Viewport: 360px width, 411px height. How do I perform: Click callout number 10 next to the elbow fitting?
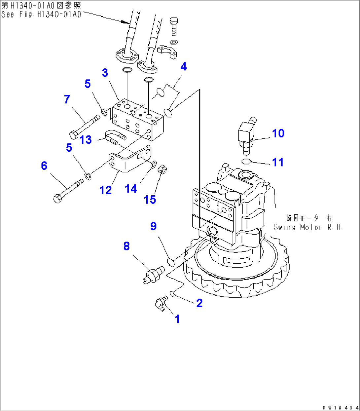(x=278, y=133)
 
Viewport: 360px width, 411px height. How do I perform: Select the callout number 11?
(x=278, y=162)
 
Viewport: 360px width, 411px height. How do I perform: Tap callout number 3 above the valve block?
(x=105, y=73)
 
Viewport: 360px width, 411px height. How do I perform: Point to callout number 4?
(x=184, y=66)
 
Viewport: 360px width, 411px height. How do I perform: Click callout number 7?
(x=67, y=99)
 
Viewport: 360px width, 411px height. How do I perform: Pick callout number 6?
(x=44, y=166)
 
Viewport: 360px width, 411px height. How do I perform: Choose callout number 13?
(x=86, y=140)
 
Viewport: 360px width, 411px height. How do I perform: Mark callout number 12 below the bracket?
(x=106, y=190)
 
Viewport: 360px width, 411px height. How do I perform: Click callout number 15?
(x=150, y=200)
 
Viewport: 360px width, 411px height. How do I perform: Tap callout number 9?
(x=153, y=226)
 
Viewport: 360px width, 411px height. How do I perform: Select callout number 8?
(x=126, y=246)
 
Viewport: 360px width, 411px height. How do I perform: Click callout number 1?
(x=177, y=319)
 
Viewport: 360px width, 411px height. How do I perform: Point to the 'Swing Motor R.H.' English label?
(x=307, y=227)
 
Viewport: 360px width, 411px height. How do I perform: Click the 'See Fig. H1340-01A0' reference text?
(x=41, y=14)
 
